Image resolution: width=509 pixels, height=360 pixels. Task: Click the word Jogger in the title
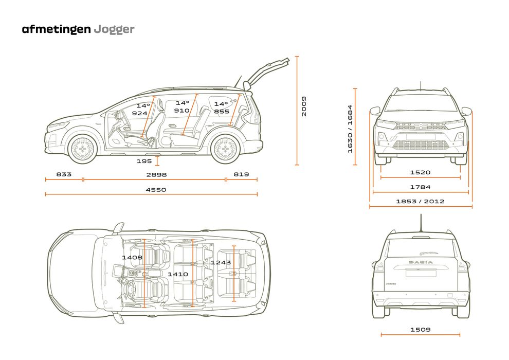coord(114,29)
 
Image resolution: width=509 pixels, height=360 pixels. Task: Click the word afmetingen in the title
coord(56,29)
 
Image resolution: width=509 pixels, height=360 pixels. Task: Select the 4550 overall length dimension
coord(156,190)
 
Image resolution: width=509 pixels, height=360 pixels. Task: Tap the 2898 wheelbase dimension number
coord(156,175)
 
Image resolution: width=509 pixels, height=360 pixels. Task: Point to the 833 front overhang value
coord(64,175)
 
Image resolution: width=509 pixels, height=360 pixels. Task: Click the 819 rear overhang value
coord(241,175)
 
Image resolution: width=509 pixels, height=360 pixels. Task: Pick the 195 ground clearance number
coord(144,161)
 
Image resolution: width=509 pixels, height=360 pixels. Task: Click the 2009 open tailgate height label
coord(304,106)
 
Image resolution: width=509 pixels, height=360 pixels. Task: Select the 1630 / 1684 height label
coord(350,129)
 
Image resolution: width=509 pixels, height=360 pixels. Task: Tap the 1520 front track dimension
coord(420,173)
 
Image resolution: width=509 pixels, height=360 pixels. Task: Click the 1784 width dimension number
coord(420,187)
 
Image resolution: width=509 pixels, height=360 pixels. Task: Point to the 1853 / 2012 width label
coord(420,202)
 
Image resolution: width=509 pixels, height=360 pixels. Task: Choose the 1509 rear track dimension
coord(420,330)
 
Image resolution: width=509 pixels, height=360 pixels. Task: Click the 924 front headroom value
coord(139,113)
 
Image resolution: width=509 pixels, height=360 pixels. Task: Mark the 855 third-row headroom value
coord(222,112)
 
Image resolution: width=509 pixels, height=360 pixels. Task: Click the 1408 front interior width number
coord(132,257)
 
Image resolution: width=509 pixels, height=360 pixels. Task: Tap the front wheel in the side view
coord(82,150)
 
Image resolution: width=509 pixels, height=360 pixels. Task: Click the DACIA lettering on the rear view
coord(421,262)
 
